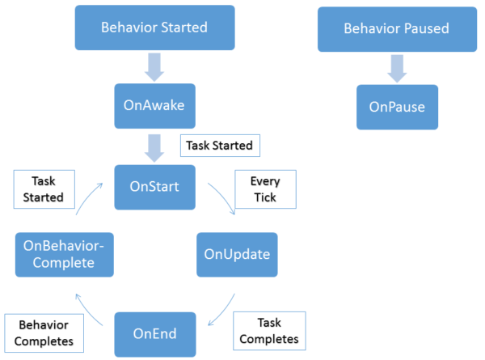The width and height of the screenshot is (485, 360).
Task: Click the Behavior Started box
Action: (x=154, y=28)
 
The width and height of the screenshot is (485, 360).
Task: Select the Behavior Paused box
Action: (x=396, y=28)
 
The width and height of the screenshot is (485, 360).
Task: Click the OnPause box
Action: (x=397, y=107)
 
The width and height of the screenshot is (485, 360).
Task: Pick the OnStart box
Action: (x=154, y=186)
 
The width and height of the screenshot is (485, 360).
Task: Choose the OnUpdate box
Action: (x=238, y=255)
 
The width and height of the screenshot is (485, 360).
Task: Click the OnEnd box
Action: (x=154, y=332)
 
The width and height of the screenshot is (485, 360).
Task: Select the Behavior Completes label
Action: (x=42, y=332)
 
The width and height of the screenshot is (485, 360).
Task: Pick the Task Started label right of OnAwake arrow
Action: (x=219, y=146)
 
